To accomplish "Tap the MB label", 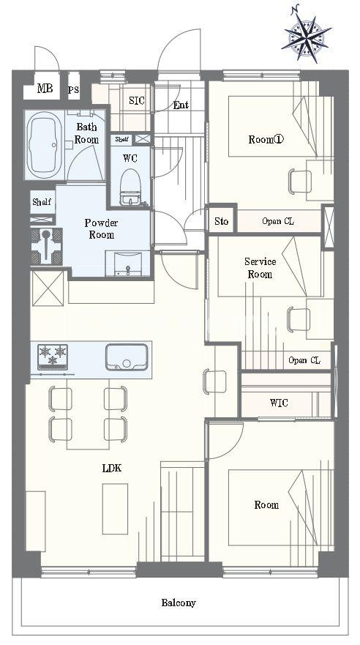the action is pyautogui.click(x=45, y=88).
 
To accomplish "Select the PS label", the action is pyautogui.click(x=74, y=90).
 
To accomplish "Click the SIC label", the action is pyautogui.click(x=137, y=100).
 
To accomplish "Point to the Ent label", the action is pyautogui.click(x=181, y=105).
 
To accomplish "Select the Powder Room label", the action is pyautogui.click(x=102, y=228).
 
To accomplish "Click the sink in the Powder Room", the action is pyautogui.click(x=127, y=264).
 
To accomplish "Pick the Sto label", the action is pyautogui.click(x=222, y=221).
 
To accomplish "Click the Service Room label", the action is pyautogui.click(x=260, y=267).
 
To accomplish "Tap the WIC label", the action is pyautogui.click(x=279, y=403).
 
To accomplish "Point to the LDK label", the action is pyautogui.click(x=112, y=468).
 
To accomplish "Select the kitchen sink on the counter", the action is pyautogui.click(x=127, y=357).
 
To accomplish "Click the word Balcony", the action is pyautogui.click(x=179, y=603).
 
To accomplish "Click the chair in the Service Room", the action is pyautogui.click(x=299, y=319).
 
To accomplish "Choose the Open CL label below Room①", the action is pyautogui.click(x=278, y=221).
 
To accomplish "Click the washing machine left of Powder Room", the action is pyautogui.click(x=46, y=247).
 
